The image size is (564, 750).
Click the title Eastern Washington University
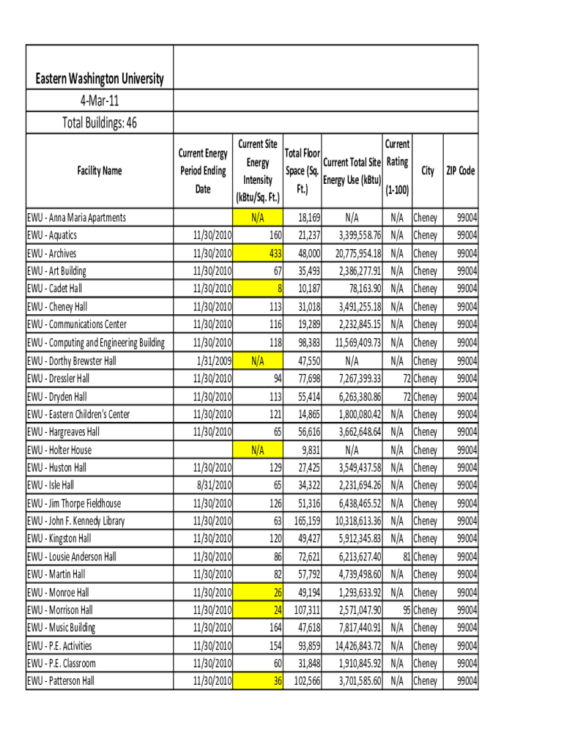[100, 79]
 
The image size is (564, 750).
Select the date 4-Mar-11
[100, 100]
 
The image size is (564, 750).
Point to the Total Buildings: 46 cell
[100, 122]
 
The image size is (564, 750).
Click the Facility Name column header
[100, 171]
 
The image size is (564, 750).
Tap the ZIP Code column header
[461, 171]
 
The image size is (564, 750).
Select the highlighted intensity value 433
[275, 253]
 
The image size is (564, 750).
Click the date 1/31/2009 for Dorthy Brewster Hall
[214, 360]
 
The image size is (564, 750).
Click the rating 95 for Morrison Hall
[406, 610]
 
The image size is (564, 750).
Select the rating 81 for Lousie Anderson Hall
[406, 557]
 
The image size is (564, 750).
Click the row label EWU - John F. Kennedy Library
[76, 521]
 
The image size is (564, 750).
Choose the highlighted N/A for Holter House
[258, 450]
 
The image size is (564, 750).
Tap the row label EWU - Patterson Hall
[61, 681]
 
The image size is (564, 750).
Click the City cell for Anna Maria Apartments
[425, 218]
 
